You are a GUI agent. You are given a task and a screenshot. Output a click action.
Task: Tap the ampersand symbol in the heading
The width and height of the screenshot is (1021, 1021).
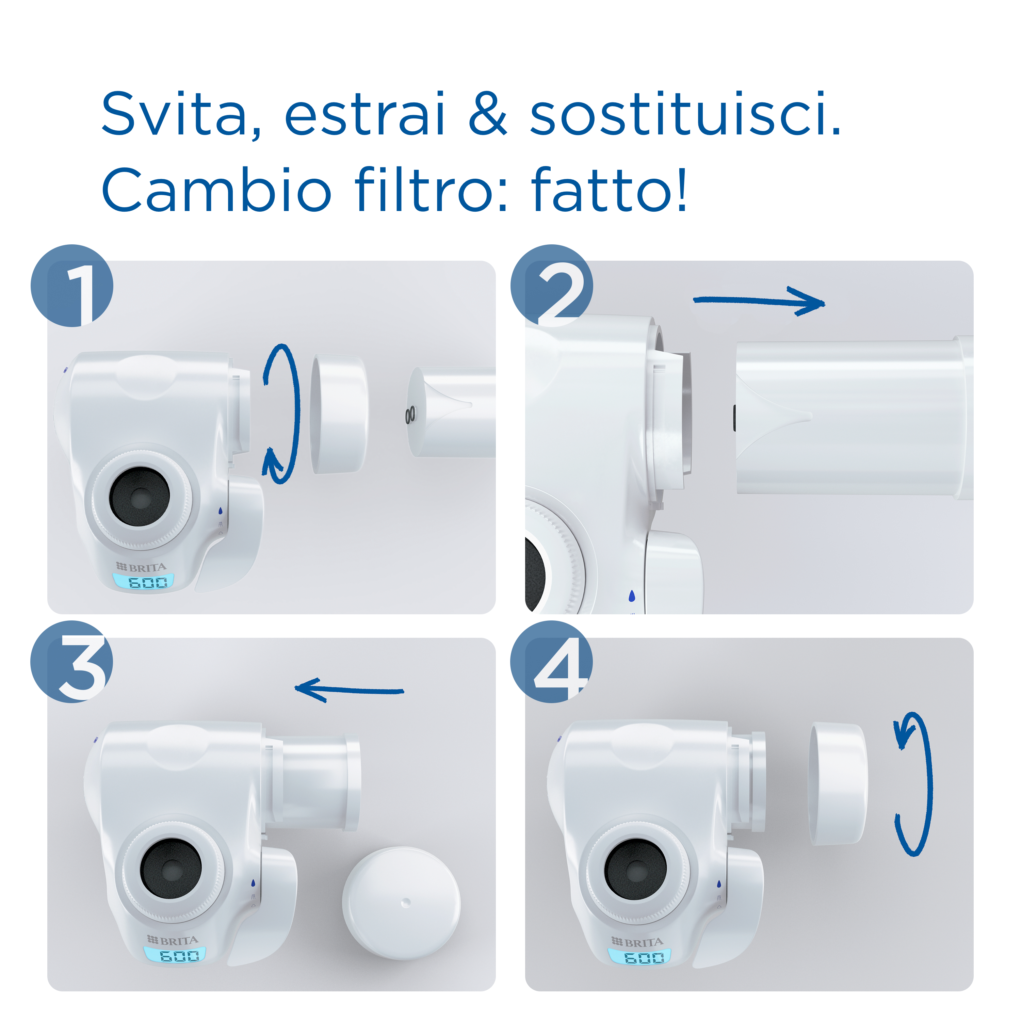point(487,114)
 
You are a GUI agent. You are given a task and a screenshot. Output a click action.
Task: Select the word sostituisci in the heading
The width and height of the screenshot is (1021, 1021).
point(685,114)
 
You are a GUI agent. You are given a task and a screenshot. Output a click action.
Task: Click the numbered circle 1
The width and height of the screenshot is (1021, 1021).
point(72,286)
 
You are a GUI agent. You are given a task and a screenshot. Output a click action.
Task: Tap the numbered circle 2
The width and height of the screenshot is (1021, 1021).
point(551,286)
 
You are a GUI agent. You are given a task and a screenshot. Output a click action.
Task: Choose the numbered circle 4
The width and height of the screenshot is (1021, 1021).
point(551,662)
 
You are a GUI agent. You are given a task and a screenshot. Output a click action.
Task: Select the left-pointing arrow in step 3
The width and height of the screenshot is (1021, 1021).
point(349,690)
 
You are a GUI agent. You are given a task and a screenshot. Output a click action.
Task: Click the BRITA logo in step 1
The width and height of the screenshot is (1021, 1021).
point(141,568)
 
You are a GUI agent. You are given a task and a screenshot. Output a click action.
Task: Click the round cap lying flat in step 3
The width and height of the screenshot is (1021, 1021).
point(401,903)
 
